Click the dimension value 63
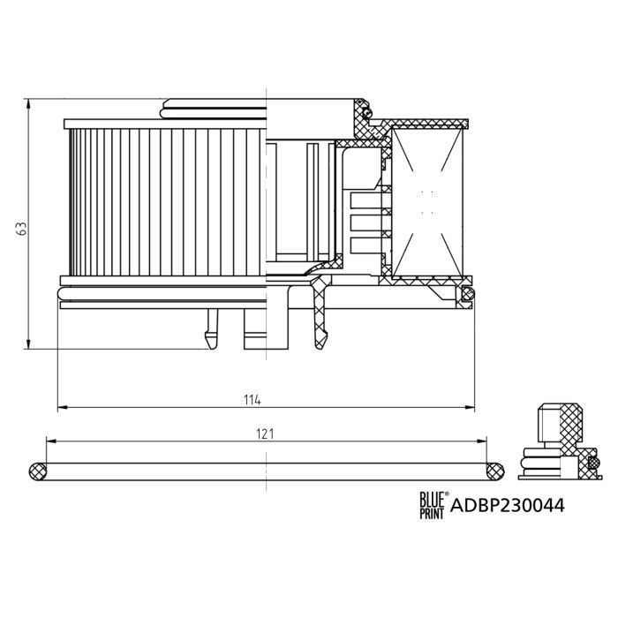pyautogui.click(x=19, y=228)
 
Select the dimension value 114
pyautogui.click(x=252, y=400)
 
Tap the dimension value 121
pyautogui.click(x=266, y=433)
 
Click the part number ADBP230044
pyautogui.click(x=508, y=507)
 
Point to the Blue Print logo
pyautogui.click(x=433, y=505)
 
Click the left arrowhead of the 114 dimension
pyautogui.click(x=61, y=409)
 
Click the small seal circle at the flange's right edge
pyautogui.click(x=469, y=293)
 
